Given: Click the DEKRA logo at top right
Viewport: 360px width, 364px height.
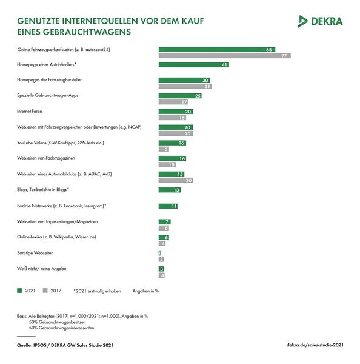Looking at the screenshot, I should [x=321, y=21].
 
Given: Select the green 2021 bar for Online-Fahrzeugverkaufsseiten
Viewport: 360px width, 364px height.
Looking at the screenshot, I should [x=217, y=49].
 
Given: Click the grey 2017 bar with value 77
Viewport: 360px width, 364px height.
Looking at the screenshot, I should [x=224, y=55].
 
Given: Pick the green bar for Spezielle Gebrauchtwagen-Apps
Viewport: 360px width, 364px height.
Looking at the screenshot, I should [x=181, y=96].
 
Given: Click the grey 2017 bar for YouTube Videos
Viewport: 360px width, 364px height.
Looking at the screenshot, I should [x=164, y=149].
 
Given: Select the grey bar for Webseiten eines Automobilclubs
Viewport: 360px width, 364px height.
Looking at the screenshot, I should [x=176, y=180].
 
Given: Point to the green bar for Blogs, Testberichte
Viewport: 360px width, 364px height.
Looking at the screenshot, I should [x=170, y=190].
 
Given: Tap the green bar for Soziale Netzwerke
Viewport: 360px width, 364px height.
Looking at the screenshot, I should [x=168, y=206].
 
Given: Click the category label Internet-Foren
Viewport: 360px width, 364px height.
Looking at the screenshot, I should [x=30, y=112].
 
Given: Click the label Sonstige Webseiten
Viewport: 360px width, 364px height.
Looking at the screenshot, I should [x=34, y=252].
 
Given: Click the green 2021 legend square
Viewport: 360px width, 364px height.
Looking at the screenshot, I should [x=20, y=291].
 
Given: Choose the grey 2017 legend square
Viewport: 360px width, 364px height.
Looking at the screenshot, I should [x=45, y=291].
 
